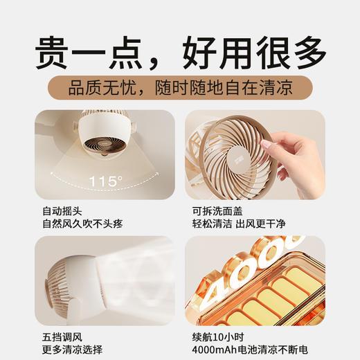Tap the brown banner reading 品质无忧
tap(180, 89)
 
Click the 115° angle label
tap(105, 182)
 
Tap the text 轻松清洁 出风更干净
tap(240, 224)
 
